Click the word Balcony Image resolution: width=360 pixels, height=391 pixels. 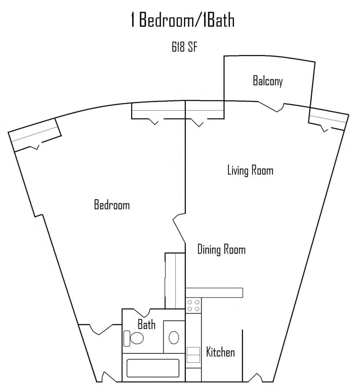tap(267, 82)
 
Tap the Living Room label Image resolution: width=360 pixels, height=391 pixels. tap(250, 170)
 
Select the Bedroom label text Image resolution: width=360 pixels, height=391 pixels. tap(112, 205)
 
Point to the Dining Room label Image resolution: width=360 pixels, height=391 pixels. tap(221, 250)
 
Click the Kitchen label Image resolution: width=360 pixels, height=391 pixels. tap(220, 353)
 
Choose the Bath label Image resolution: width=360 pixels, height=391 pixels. tap(146, 325)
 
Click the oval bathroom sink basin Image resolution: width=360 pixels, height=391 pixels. tap(174, 337)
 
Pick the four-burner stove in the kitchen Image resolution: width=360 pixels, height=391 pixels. tap(193, 305)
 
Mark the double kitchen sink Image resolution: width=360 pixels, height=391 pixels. tap(192, 355)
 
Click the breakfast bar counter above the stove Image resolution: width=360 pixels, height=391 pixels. tap(214, 292)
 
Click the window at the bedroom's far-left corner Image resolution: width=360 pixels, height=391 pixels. tap(35, 135)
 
